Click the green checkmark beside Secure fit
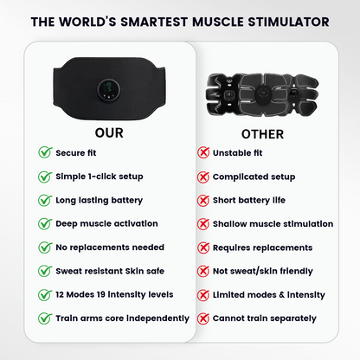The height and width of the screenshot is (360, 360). click(44, 152)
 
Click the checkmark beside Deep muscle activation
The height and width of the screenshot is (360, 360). click(44, 224)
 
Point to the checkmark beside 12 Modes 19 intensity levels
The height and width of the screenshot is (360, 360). click(44, 295)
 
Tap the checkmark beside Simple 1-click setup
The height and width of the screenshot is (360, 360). click(44, 177)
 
